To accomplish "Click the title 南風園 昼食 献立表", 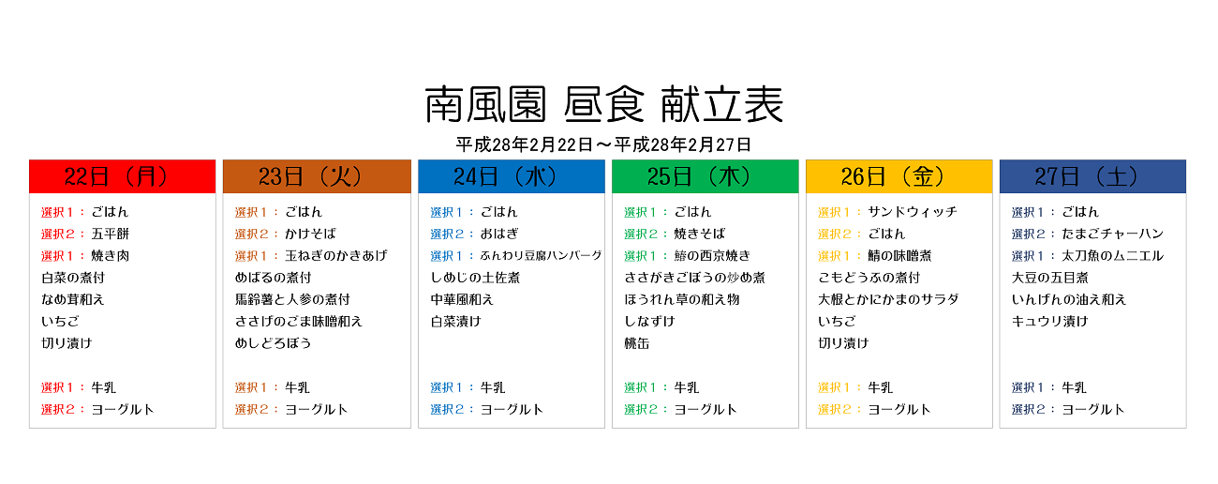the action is [603, 104].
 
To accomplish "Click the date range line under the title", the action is [603, 144].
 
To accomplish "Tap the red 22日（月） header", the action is [123, 176].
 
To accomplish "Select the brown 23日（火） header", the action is [317, 176].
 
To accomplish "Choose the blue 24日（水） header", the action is [512, 176].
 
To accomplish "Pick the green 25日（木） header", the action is [706, 176].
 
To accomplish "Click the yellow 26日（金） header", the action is [899, 176].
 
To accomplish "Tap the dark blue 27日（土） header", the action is [1093, 176].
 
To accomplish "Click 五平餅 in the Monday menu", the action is [111, 234].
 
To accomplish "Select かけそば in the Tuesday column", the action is [310, 234].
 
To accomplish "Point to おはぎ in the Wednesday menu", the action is [499, 234].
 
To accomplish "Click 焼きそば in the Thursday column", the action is [700, 234].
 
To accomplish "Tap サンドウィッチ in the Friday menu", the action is [913, 212].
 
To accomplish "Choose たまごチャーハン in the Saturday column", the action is [1112, 234].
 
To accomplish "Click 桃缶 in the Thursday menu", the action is [637, 343].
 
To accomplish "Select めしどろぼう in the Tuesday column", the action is [273, 343].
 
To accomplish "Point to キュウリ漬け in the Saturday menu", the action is [1050, 321].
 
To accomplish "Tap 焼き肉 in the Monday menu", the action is [111, 256].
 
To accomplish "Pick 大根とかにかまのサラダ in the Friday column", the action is [888, 299].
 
